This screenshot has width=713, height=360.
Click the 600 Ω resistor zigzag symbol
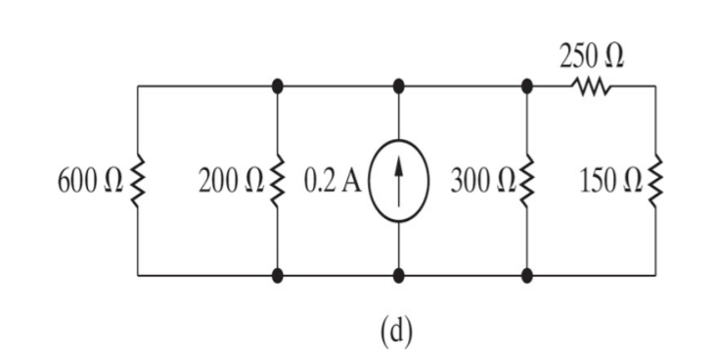click(x=137, y=182)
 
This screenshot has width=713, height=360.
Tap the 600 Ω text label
click(x=90, y=182)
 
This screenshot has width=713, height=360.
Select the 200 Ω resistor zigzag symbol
click(x=278, y=182)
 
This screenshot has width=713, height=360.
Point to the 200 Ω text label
click(x=231, y=182)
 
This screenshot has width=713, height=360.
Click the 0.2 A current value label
click(x=334, y=182)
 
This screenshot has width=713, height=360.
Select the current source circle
click(x=398, y=182)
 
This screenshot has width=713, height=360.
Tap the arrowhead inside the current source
click(x=398, y=167)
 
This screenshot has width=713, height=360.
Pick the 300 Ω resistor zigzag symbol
click(x=527, y=182)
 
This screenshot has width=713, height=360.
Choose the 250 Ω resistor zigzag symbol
click(x=592, y=87)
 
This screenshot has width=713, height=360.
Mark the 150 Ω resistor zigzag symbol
click(x=655, y=182)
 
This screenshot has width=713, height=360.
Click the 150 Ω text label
click(x=609, y=182)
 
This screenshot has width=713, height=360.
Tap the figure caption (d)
click(x=396, y=331)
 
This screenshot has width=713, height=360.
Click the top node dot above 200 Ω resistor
click(x=278, y=86)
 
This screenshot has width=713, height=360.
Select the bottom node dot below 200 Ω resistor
click(x=278, y=276)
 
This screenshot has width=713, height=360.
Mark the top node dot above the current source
click(x=398, y=86)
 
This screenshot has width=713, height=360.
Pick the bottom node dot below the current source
click(x=398, y=276)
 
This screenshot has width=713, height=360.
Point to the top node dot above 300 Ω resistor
click(x=527, y=86)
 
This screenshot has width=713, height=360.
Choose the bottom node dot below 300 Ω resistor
click(x=527, y=276)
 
